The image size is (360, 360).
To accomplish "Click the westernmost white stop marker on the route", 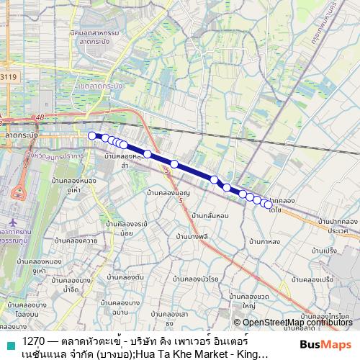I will click(x=91, y=135).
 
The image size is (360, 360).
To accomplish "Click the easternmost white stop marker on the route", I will click(x=269, y=204).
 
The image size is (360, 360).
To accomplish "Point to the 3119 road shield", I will click(x=9, y=76).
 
